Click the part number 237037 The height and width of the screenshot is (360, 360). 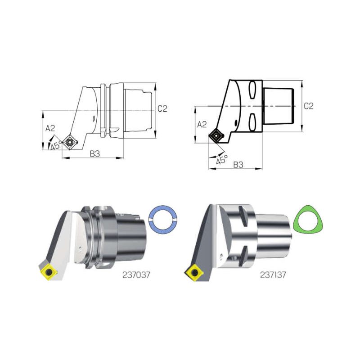click(136, 275)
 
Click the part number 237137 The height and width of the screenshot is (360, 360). click(273, 275)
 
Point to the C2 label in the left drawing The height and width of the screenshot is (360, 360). click(162, 108)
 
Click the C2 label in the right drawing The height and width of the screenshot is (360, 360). click(309, 106)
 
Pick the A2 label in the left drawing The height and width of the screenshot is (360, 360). click(50, 128)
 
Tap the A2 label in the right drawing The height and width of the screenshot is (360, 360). click(202, 125)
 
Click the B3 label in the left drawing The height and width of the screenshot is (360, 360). click(95, 154)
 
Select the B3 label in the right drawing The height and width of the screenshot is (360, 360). click(238, 165)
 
